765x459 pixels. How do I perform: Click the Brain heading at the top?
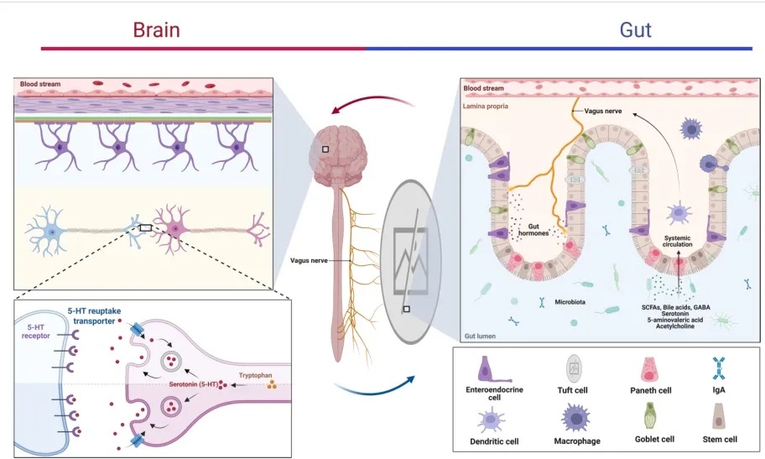pos(156,30)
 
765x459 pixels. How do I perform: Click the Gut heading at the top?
pos(635,30)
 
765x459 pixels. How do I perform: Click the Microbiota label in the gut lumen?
pos(572,301)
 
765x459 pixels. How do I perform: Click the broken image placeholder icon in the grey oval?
pos(411,248)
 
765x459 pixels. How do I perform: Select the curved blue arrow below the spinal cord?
pos(373,388)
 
